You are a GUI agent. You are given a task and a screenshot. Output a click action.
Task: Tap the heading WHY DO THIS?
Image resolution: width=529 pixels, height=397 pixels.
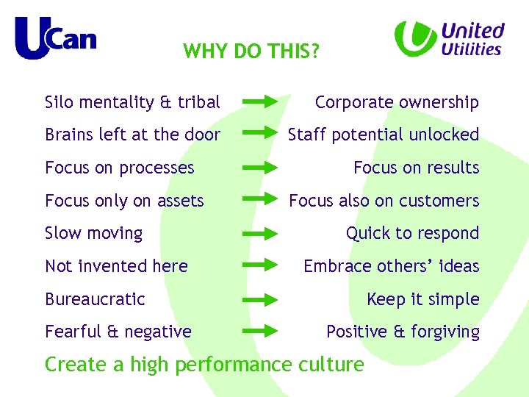click(251, 51)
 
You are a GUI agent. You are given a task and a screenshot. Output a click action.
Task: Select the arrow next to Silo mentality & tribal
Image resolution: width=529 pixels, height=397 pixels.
click(260, 101)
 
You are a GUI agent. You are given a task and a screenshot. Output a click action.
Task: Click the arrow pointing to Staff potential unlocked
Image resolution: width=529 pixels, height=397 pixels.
click(260, 134)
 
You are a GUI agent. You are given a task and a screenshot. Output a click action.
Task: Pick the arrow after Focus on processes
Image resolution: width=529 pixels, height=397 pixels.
click(260, 167)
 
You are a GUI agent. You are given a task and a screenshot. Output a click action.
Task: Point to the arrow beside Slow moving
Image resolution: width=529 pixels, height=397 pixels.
click(260, 233)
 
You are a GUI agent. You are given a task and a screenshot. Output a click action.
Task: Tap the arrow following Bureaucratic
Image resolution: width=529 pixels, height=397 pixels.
click(260, 299)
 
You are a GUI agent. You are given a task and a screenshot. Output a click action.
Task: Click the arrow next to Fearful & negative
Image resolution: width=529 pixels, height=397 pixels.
click(260, 332)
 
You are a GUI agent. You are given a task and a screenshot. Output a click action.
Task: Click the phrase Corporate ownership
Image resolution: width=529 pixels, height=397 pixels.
click(397, 102)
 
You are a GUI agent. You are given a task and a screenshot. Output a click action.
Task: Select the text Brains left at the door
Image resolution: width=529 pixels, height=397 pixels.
click(132, 135)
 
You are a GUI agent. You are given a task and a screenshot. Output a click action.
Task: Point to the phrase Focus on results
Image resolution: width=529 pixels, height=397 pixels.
click(416, 168)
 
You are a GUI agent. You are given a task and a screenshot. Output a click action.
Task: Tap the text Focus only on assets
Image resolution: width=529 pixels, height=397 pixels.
click(124, 201)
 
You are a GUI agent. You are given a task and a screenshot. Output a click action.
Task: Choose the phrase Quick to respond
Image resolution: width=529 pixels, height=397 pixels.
click(412, 233)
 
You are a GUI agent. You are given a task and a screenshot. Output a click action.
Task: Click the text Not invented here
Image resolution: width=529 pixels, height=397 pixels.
click(116, 266)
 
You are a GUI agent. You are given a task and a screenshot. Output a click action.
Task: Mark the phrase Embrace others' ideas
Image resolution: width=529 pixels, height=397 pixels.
click(391, 266)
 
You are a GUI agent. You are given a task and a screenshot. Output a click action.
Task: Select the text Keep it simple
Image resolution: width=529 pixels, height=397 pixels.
click(422, 299)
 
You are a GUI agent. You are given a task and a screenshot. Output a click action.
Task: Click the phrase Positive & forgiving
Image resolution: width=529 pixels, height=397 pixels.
click(403, 332)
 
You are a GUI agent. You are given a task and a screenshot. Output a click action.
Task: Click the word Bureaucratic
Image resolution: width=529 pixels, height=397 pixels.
click(95, 299)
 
